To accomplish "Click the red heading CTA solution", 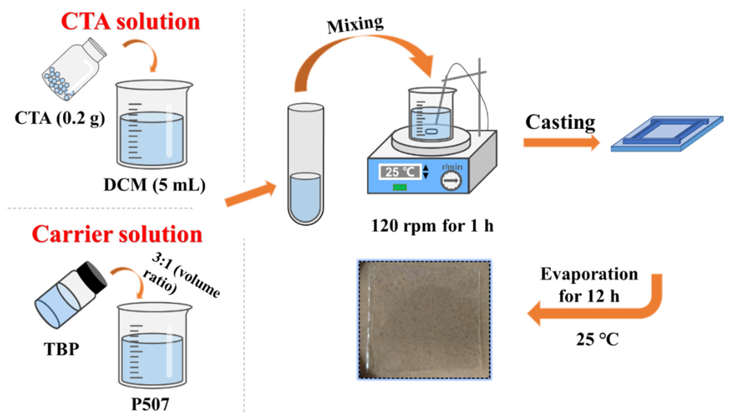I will [130, 22].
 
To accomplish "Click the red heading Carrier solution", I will [117, 234].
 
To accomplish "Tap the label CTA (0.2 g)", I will [60, 118].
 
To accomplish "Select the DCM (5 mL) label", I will [155, 185].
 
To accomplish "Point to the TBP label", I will [61, 349].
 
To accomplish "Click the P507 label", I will [150, 404].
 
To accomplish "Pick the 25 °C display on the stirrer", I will [400, 172].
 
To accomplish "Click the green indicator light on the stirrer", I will [400, 187].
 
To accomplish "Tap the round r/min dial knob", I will [451, 181].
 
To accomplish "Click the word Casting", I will [560, 122].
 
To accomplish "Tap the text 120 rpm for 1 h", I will [432, 226].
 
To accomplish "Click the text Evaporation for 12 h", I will [589, 285].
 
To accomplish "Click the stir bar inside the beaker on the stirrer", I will [432, 132].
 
